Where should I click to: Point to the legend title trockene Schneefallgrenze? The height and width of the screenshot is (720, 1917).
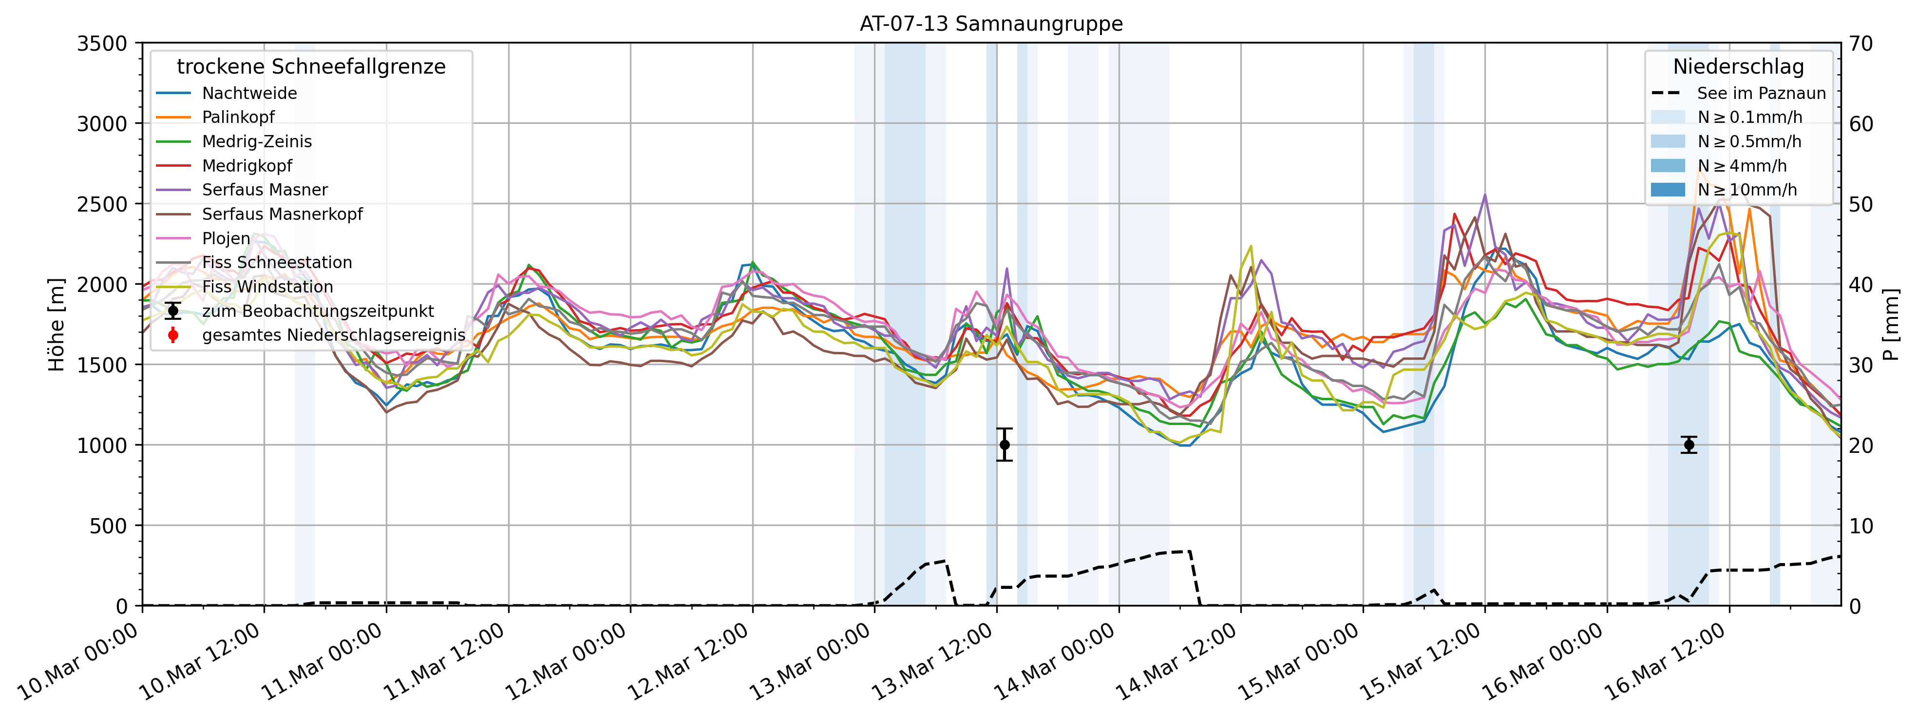[311, 67]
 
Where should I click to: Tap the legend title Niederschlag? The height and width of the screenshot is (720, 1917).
[1738, 67]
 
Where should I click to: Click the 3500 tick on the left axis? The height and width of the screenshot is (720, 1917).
[103, 44]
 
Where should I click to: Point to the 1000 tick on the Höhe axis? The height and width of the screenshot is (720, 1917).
[103, 445]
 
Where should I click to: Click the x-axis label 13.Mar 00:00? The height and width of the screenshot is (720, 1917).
[811, 662]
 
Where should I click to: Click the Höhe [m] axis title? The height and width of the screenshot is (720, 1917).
[57, 325]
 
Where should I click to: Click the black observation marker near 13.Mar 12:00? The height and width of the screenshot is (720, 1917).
[1005, 445]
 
